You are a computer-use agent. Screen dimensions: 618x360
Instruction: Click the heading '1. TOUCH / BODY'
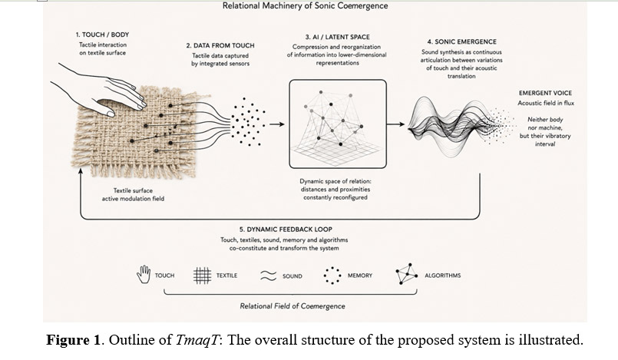[102, 35]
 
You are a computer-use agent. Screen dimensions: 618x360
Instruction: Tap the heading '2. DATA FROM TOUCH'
[220, 46]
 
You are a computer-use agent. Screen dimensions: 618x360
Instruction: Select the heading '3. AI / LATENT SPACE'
[337, 37]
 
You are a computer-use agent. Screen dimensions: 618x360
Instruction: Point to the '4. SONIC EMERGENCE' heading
[461, 41]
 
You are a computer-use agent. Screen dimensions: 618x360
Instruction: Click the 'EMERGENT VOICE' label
[545, 93]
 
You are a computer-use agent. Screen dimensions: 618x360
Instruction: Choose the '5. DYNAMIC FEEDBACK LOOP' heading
[286, 230]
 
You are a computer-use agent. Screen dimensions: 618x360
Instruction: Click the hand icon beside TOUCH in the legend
[144, 274]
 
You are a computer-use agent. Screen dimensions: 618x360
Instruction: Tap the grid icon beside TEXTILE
[202, 276]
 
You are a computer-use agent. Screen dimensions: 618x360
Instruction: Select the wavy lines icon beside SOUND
[269, 276]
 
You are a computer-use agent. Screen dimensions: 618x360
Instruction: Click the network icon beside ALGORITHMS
[407, 274]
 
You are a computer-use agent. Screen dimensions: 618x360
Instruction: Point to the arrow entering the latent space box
[277, 124]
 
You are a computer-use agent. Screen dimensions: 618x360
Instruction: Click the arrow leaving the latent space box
[395, 124]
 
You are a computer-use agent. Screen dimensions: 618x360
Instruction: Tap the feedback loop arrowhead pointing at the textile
[81, 170]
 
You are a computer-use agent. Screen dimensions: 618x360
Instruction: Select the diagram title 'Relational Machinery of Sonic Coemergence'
[305, 6]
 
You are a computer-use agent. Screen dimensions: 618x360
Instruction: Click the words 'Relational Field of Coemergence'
[292, 306]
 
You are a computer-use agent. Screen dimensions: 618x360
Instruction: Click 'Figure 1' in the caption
[73, 339]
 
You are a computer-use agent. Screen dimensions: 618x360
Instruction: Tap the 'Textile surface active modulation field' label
[134, 194]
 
